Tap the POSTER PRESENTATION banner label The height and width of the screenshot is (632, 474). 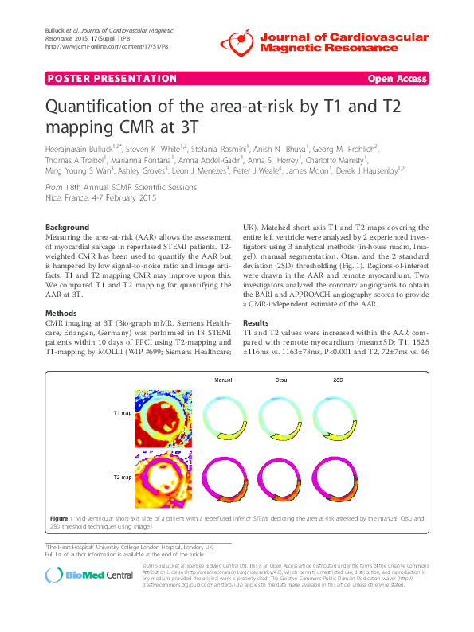point(112,79)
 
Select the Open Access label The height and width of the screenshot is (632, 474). point(398,79)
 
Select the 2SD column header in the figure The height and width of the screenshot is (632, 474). point(337,380)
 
